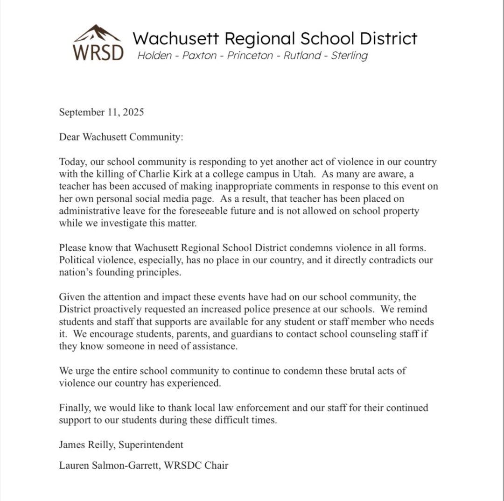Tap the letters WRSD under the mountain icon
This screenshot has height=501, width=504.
(x=98, y=52)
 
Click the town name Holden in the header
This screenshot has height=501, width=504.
(x=153, y=56)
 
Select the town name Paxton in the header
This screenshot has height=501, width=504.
(x=199, y=56)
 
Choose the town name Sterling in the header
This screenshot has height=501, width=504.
(x=349, y=56)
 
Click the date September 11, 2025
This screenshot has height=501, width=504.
(x=101, y=112)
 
